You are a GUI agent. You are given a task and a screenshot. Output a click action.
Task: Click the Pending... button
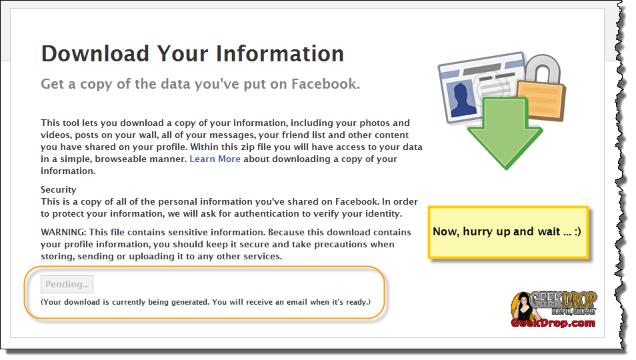coord(67,284)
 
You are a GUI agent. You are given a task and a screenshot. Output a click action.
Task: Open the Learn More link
coord(215,159)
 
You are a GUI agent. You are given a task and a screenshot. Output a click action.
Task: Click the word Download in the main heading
coord(95,53)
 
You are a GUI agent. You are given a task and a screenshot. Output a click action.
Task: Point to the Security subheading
coord(59,190)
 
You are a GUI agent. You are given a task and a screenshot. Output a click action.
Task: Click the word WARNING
coord(63,232)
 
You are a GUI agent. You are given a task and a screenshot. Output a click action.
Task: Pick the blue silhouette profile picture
coord(463,99)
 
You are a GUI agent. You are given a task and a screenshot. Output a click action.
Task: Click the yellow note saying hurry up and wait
coord(508,232)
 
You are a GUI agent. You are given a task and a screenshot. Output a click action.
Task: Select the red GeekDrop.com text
coord(553,323)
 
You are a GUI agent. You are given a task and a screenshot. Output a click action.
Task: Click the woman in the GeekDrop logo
coord(523,307)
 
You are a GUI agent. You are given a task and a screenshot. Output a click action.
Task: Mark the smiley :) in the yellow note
coord(577,231)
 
